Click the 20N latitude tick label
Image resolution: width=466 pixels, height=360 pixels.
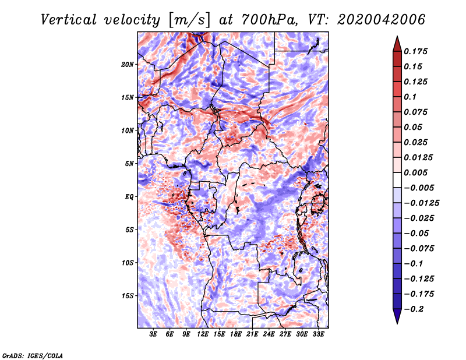pos(128,64)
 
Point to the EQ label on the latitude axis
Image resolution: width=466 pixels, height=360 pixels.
pos(129,197)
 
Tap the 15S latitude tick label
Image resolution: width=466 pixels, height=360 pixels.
pos(128,296)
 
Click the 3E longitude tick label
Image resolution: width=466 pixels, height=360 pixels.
pos(154,334)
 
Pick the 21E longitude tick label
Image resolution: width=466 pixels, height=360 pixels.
pos(252,334)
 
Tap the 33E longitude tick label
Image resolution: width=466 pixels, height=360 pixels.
pos(318,334)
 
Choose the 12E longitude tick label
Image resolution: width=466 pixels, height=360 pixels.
pos(203,334)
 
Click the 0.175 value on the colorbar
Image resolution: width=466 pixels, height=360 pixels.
pos(418,51)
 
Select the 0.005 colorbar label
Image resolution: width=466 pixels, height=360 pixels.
pos(418,172)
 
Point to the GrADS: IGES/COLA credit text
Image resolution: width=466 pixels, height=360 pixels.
pos(33,355)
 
